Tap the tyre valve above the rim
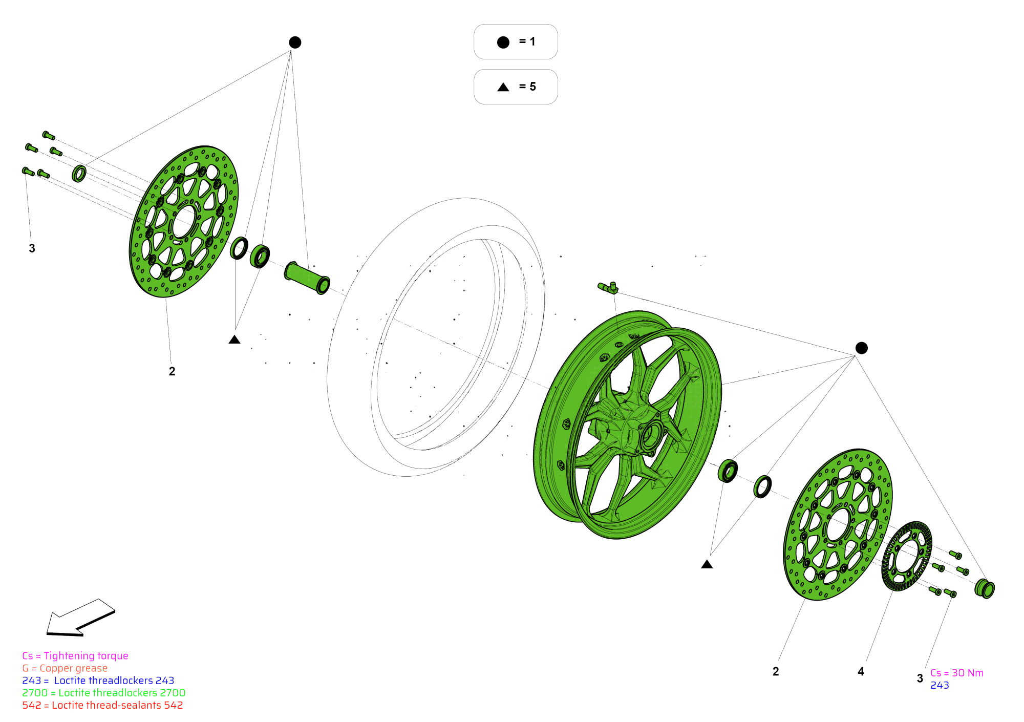(x=609, y=288)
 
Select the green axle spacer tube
(x=306, y=278)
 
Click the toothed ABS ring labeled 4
(x=906, y=556)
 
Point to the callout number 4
(x=861, y=671)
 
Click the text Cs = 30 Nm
(x=956, y=673)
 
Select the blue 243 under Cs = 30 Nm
(x=940, y=685)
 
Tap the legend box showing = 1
(x=515, y=42)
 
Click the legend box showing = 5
(x=515, y=87)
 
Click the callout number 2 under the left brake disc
(x=172, y=371)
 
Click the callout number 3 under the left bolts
(x=32, y=248)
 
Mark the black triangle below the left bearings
(x=234, y=339)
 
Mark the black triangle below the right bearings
(x=707, y=564)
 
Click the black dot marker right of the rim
(x=861, y=348)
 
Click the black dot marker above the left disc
(x=295, y=43)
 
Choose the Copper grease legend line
(x=65, y=668)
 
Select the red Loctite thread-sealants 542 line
(x=102, y=705)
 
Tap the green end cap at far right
(x=985, y=588)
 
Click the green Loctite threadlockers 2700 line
(x=103, y=693)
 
